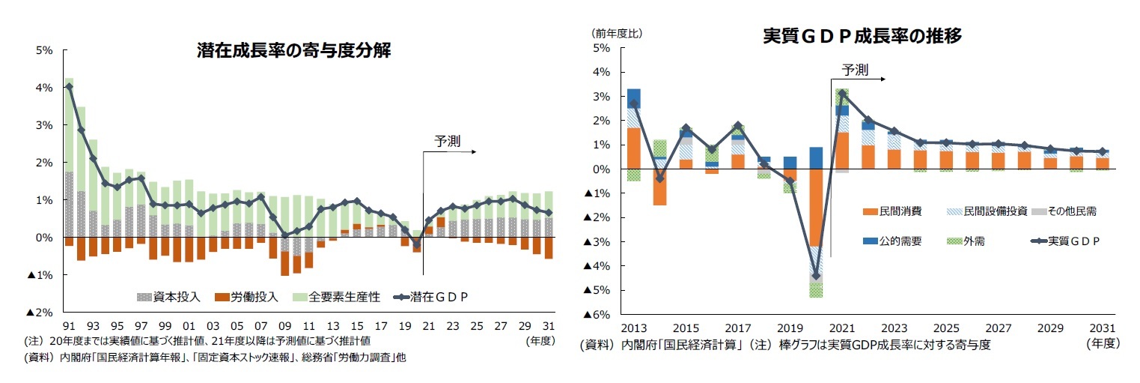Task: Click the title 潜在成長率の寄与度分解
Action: (x=294, y=50)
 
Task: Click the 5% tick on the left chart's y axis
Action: (x=43, y=51)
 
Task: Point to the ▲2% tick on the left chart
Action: (x=39, y=313)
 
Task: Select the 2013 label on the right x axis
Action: (x=633, y=329)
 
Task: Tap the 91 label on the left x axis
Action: (x=69, y=327)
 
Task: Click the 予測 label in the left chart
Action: (x=447, y=140)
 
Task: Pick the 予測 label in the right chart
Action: (x=855, y=70)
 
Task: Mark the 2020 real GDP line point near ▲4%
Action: (x=816, y=276)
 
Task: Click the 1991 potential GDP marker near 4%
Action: (x=69, y=87)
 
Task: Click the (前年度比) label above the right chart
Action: (x=618, y=33)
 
